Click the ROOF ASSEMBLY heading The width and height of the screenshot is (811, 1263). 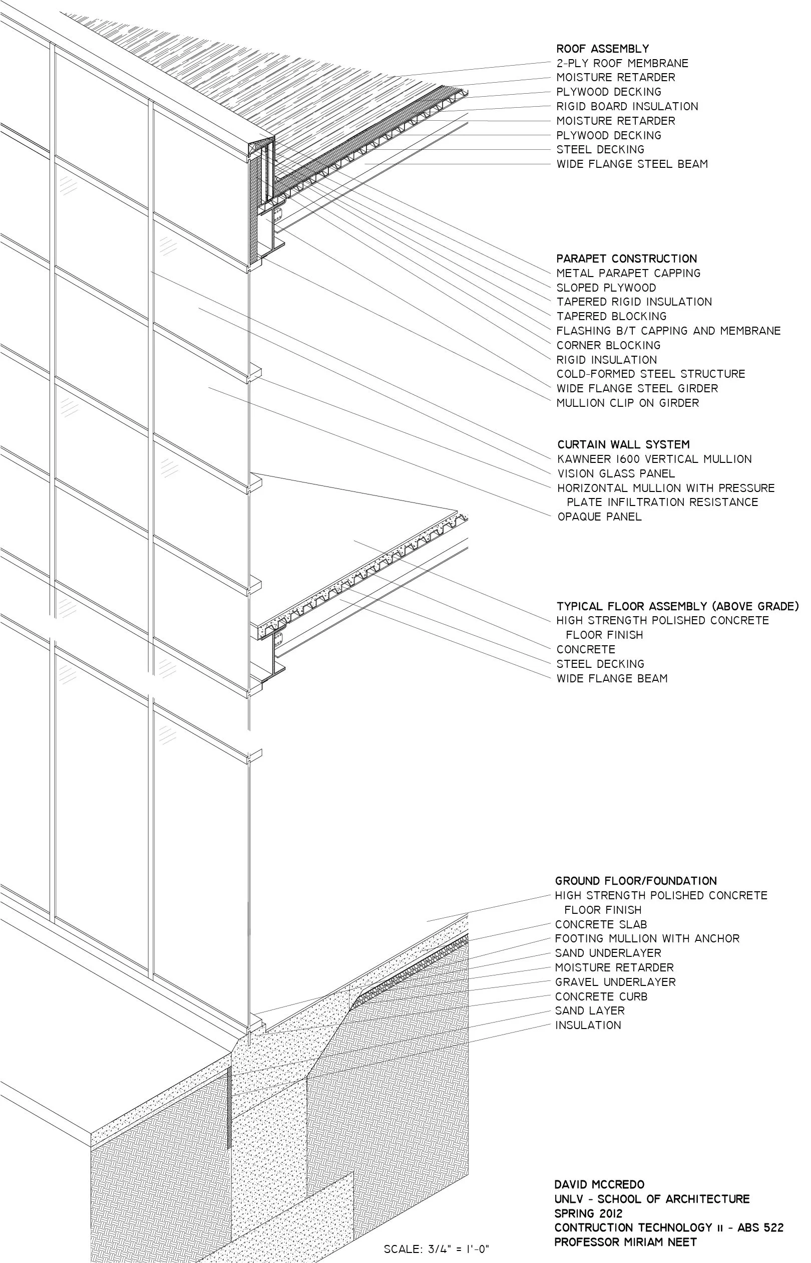pyautogui.click(x=602, y=49)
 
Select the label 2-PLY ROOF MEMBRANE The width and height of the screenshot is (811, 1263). pyautogui.click(x=622, y=63)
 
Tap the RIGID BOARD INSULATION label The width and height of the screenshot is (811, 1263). pyautogui.click(x=627, y=106)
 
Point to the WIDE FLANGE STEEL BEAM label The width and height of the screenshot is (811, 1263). pyautogui.click(x=632, y=164)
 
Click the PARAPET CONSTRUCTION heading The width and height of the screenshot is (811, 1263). pyautogui.click(x=626, y=259)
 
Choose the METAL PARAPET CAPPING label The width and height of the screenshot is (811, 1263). pyautogui.click(x=628, y=273)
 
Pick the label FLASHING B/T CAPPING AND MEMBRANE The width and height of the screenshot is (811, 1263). pyautogui.click(x=668, y=331)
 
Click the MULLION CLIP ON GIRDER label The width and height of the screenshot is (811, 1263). pyautogui.click(x=628, y=403)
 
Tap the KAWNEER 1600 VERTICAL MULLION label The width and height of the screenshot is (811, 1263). pyautogui.click(x=654, y=459)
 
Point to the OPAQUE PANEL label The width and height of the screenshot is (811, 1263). pyautogui.click(x=599, y=517)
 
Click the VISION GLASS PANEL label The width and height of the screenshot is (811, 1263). pyautogui.click(x=616, y=474)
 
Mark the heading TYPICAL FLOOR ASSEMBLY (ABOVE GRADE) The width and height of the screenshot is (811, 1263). pyautogui.click(x=677, y=607)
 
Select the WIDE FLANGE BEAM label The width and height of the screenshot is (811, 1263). pyautogui.click(x=611, y=679)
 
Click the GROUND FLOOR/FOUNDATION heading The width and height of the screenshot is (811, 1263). pyautogui.click(x=636, y=881)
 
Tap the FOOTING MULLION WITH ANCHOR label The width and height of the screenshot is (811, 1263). pyautogui.click(x=647, y=938)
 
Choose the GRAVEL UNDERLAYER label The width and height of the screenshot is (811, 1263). pyautogui.click(x=615, y=982)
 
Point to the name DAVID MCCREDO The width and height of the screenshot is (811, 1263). pyautogui.click(x=599, y=1184)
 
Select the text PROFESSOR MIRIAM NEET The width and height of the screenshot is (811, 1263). pyautogui.click(x=625, y=1242)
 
